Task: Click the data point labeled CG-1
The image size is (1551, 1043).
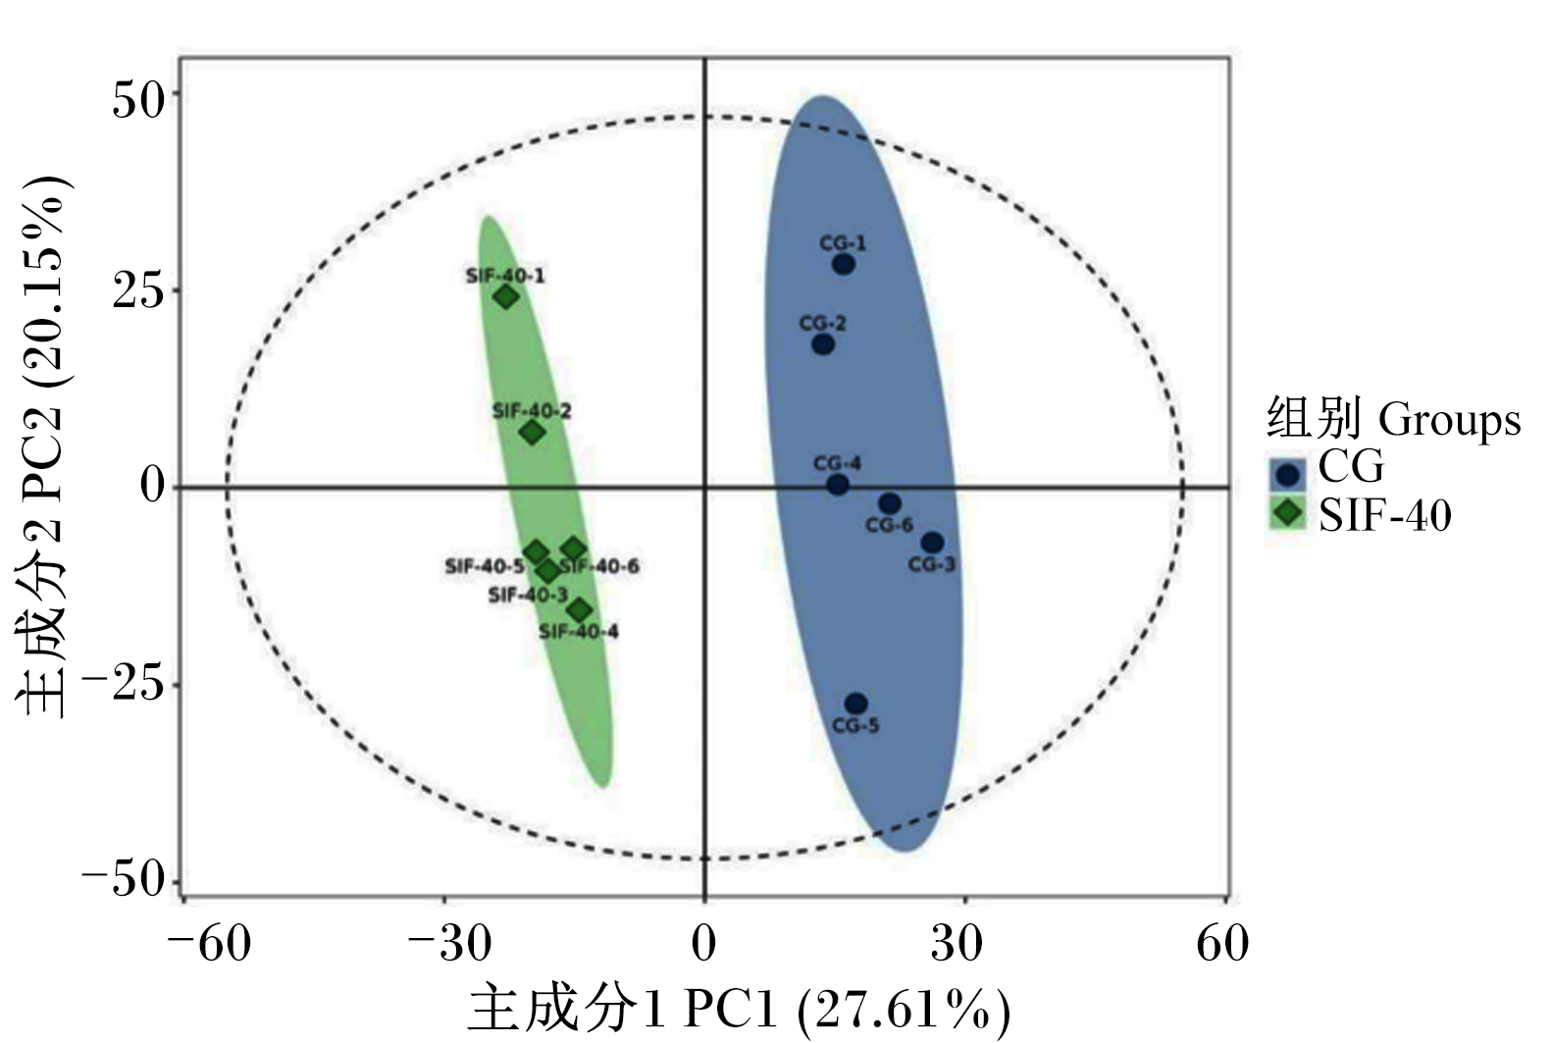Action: tap(843, 264)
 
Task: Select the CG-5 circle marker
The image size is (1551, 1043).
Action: tap(855, 704)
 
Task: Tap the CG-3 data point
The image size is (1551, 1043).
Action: tap(932, 543)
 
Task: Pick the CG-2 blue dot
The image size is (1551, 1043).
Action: tap(822, 343)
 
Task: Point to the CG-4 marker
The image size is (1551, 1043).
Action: tap(838, 484)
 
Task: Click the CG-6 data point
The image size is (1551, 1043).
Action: tap(890, 503)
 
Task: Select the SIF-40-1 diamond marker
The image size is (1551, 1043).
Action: tap(506, 298)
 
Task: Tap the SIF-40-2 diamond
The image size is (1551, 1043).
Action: tap(533, 433)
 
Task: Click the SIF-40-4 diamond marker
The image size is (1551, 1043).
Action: tap(580, 611)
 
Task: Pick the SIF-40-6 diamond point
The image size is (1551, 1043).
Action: tap(573, 549)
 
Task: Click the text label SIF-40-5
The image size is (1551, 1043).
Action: tap(485, 566)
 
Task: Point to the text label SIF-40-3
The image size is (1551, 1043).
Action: tap(529, 595)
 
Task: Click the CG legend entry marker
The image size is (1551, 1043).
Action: tap(1288, 475)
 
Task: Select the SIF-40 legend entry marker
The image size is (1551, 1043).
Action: tap(1288, 513)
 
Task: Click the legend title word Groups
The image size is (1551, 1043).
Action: tap(1449, 421)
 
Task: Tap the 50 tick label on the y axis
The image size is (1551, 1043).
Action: tap(137, 100)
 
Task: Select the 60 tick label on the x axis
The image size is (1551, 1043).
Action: tap(1222, 943)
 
